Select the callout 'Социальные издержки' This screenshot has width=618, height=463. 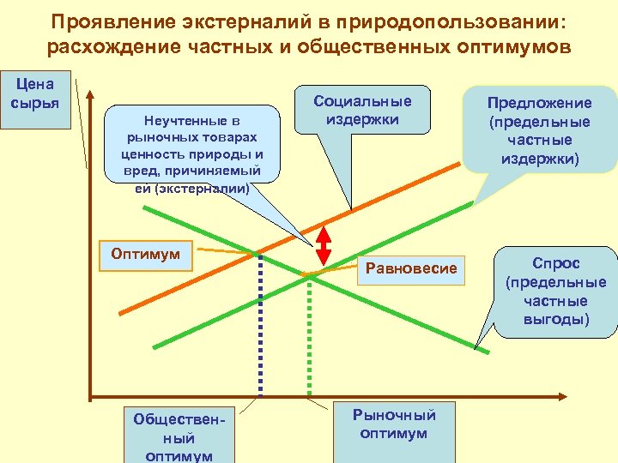(362, 110)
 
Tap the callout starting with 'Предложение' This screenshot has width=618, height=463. (540, 129)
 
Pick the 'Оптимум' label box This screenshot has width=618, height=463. (146, 255)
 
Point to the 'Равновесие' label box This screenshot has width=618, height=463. (411, 268)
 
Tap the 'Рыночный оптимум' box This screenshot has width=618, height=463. (394, 424)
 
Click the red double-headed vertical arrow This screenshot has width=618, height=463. (324, 245)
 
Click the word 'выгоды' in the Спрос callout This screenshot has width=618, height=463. (555, 320)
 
